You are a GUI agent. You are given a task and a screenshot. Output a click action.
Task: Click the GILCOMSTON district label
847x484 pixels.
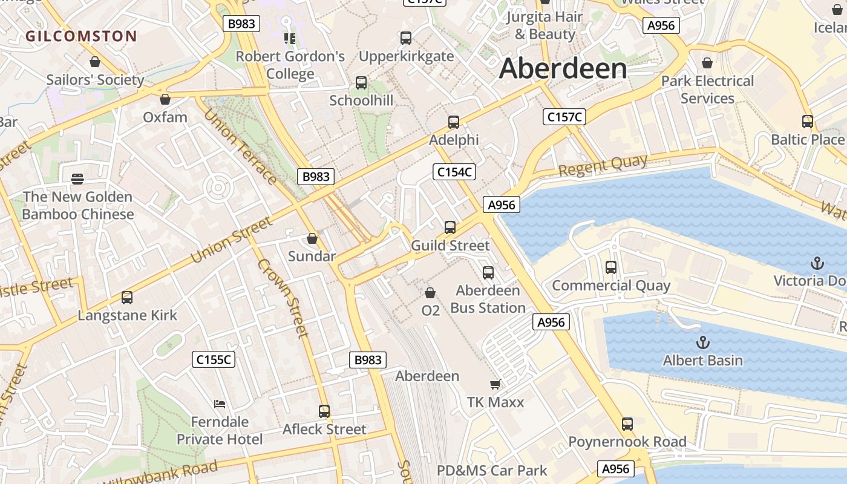tap(81, 36)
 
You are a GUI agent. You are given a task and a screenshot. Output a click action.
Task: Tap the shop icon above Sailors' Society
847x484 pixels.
tap(95, 62)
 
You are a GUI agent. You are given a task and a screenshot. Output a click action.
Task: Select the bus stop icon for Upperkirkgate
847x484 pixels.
tap(406, 38)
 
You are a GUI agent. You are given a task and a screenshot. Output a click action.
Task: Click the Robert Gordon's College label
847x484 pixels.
tap(290, 65)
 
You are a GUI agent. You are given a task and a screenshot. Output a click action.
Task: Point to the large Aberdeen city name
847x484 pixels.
tap(563, 68)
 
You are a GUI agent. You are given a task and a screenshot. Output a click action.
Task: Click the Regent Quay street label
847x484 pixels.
tap(603, 166)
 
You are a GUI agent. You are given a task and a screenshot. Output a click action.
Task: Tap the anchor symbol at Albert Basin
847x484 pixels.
tap(702, 343)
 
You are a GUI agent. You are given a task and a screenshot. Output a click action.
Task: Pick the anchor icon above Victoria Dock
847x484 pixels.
tap(817, 263)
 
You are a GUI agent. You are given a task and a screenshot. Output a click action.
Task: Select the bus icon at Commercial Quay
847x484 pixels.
tap(611, 267)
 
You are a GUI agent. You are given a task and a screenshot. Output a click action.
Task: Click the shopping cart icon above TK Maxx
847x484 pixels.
tap(495, 384)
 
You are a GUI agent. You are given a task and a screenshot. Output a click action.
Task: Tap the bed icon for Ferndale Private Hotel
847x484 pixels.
tap(220, 404)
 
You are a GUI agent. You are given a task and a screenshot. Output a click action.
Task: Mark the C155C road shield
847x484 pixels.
tap(214, 359)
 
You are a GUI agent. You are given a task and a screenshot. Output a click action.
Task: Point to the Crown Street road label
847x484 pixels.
tap(283, 298)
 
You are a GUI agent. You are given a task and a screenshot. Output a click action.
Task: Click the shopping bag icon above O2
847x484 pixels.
tap(430, 293)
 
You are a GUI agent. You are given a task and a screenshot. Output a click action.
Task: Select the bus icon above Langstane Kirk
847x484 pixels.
tap(127, 298)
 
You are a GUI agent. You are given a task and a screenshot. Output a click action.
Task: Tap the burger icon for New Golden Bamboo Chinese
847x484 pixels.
tap(77, 179)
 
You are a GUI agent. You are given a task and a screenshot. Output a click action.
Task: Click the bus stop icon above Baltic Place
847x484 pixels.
tap(808, 121)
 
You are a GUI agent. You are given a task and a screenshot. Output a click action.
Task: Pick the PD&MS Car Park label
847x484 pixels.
tap(492, 471)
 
